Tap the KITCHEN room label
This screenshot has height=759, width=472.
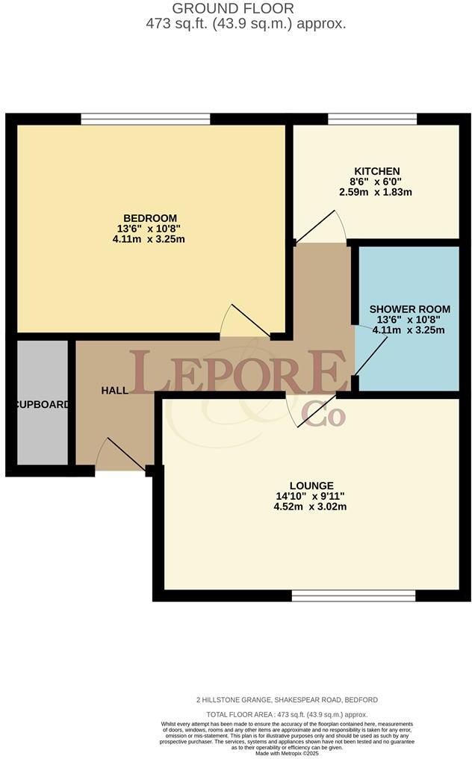tap(376, 171)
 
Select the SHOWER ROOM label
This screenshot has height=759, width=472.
tap(409, 309)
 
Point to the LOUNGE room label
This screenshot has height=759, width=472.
tap(313, 485)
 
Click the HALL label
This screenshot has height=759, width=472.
tap(115, 390)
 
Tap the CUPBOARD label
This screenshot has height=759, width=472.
tap(42, 405)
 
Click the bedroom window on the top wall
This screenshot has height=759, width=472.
tap(146, 119)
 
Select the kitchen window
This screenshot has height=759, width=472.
tap(372, 119)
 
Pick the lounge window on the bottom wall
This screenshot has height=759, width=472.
tap(353, 595)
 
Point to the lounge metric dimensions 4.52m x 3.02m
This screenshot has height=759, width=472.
tap(313, 507)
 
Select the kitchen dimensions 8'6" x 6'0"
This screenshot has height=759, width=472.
tap(376, 182)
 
